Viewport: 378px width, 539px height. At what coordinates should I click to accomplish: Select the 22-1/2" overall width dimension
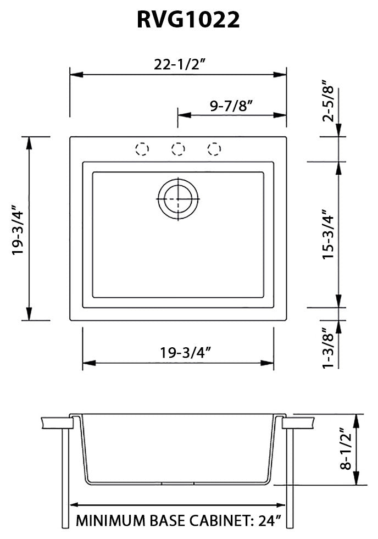click(178, 64)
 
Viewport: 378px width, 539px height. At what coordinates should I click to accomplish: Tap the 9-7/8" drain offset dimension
click(231, 106)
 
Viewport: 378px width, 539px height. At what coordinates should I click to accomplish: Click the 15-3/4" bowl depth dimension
click(329, 234)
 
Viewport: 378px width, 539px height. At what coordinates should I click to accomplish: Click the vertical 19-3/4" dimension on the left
click(20, 229)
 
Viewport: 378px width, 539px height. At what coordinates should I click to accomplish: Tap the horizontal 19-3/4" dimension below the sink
click(179, 352)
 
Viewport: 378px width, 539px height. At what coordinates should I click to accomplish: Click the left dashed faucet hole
click(142, 149)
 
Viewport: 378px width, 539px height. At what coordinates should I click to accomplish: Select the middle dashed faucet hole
click(178, 149)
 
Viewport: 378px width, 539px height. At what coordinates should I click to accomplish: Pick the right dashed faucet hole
click(214, 149)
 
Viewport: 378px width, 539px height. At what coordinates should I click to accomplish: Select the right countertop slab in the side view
click(298, 424)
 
